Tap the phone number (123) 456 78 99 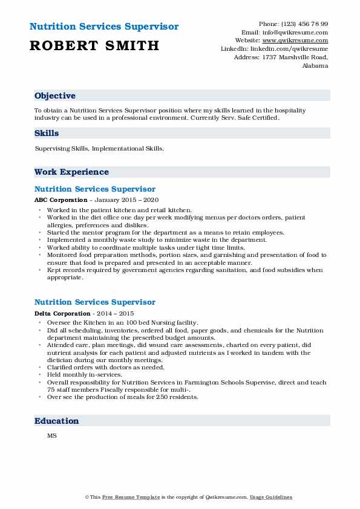[305, 24]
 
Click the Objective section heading [55, 96]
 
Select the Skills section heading [47, 134]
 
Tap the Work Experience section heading [71, 172]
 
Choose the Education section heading [57, 421]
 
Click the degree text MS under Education [51, 435]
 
